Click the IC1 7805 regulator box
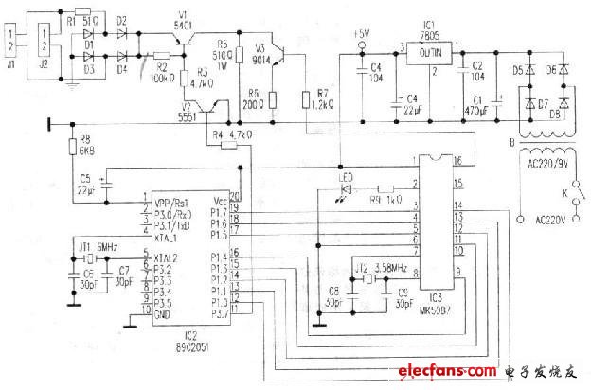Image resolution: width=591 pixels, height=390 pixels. coord(427,54)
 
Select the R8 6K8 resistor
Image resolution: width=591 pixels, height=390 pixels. coord(72,146)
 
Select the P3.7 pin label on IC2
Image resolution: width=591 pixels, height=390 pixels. coord(219,312)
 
